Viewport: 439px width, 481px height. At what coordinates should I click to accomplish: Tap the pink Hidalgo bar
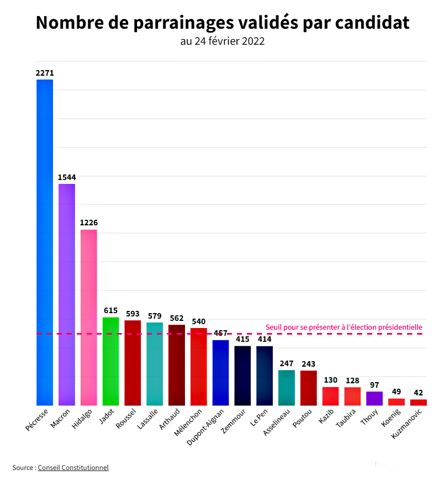pyautogui.click(x=89, y=317)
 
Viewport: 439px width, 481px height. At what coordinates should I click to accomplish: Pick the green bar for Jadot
pyautogui.click(x=110, y=361)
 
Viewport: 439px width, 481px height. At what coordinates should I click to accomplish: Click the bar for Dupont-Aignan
pyautogui.click(x=220, y=373)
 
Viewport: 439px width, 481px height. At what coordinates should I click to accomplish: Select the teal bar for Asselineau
pyautogui.click(x=287, y=388)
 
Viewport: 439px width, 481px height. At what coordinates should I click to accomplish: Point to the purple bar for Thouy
pyautogui.click(x=374, y=398)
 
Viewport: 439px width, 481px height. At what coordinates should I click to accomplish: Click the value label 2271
pyautogui.click(x=45, y=73)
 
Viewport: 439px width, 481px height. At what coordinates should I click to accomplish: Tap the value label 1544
pyautogui.click(x=67, y=177)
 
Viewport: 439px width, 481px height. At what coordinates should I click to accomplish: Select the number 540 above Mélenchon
pyautogui.click(x=199, y=321)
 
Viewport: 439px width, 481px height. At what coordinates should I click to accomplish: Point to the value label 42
pyautogui.click(x=419, y=393)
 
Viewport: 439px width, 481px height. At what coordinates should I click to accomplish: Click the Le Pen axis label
pyautogui.click(x=259, y=417)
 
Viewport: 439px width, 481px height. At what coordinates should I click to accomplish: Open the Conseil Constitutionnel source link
pyautogui.click(x=73, y=468)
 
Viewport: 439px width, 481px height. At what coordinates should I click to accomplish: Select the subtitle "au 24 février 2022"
pyautogui.click(x=222, y=41)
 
